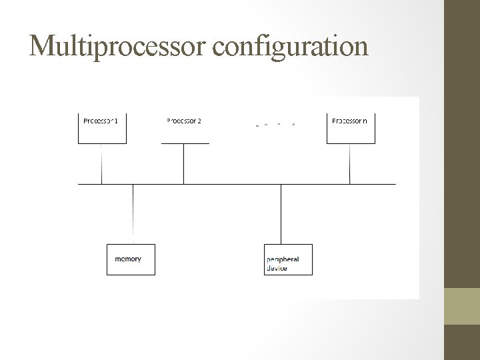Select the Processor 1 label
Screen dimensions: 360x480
click(101, 121)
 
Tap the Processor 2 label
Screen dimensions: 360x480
click(183, 121)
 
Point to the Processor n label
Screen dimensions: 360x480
click(349, 121)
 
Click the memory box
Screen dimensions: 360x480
click(131, 259)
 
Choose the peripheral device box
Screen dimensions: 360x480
click(288, 259)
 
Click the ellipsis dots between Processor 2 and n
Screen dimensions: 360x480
click(275, 124)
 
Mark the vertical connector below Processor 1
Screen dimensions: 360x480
click(101, 163)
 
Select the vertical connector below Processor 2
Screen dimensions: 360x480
click(184, 163)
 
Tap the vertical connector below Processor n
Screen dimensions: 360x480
click(350, 163)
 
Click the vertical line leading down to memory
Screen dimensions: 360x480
click(133, 213)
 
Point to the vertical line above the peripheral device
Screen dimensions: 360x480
click(281, 213)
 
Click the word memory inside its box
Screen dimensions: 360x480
click(128, 259)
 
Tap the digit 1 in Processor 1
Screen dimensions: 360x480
click(117, 121)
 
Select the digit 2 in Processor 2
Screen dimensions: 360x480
click(199, 121)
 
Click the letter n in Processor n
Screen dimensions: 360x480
click(365, 121)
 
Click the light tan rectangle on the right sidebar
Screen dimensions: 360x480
click(461, 306)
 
